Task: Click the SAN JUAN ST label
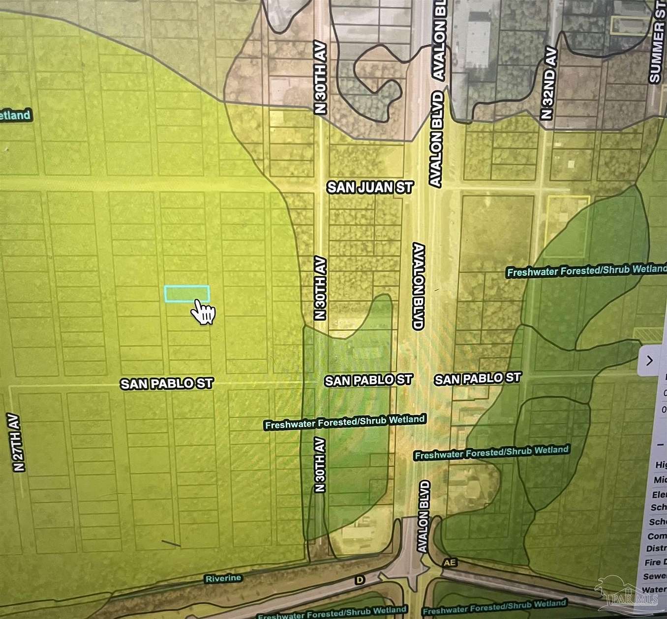tap(370, 187)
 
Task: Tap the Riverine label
tap(223, 578)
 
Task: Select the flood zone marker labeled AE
tap(449, 563)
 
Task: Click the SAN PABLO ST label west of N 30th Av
tap(167, 383)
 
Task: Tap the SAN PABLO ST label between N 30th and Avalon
tap(368, 380)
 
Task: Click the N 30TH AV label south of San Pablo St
tap(320, 464)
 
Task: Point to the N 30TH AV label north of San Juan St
tap(320, 77)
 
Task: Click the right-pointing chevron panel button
tap(649, 361)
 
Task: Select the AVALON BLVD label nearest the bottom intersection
tap(424, 516)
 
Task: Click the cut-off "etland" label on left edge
tap(15, 116)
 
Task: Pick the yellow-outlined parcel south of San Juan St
tap(568, 226)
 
